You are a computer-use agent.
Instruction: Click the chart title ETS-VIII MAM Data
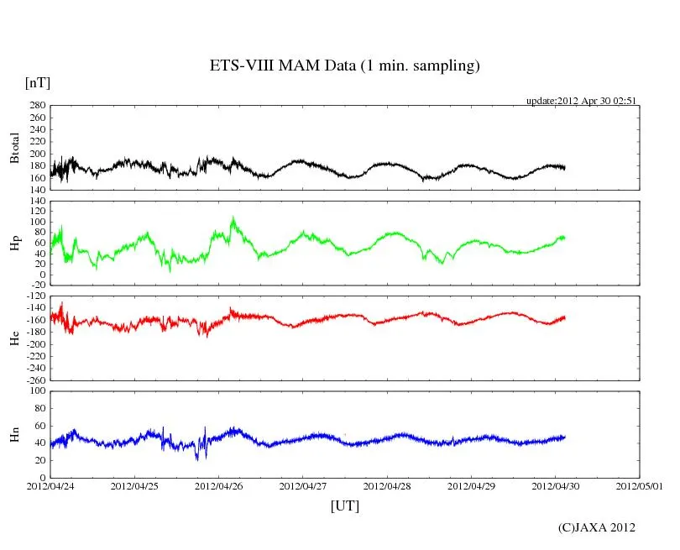(x=344, y=66)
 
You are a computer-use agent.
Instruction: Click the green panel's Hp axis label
(x=14, y=244)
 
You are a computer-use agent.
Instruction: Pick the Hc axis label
(x=14, y=338)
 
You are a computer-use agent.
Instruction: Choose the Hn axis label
(x=14, y=434)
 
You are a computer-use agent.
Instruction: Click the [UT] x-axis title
(x=344, y=505)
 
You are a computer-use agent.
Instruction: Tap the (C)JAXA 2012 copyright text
(x=596, y=527)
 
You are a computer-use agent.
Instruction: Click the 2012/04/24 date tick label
(x=50, y=485)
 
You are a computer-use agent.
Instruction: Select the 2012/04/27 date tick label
(x=303, y=485)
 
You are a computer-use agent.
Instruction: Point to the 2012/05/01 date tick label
(x=640, y=485)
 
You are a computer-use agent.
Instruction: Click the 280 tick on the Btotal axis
(x=37, y=106)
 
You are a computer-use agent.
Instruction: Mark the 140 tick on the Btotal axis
(x=37, y=190)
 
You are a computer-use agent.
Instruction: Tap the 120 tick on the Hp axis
(x=37, y=202)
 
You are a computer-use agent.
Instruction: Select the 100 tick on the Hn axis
(x=37, y=391)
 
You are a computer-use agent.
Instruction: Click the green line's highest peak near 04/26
(x=233, y=217)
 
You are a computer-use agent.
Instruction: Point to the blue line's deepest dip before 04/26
(x=196, y=458)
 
